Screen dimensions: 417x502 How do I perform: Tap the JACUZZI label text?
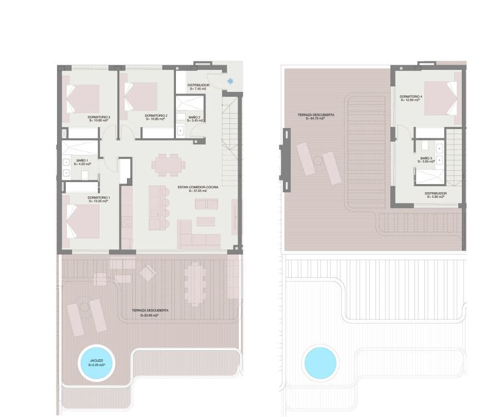pos(96,361)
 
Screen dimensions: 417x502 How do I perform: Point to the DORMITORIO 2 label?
pos(155,116)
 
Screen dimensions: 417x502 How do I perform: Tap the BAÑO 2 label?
pos(194,118)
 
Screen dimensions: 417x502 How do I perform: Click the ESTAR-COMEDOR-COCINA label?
pos(198,187)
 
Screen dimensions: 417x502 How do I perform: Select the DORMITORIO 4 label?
pos(410,97)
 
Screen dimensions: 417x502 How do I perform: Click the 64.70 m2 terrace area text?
pos(316,119)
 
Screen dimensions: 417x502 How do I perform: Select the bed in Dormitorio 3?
pos(82,98)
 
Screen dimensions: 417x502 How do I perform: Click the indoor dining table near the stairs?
pos(168,165)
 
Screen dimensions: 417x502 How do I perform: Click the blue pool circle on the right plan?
pos(320,362)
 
